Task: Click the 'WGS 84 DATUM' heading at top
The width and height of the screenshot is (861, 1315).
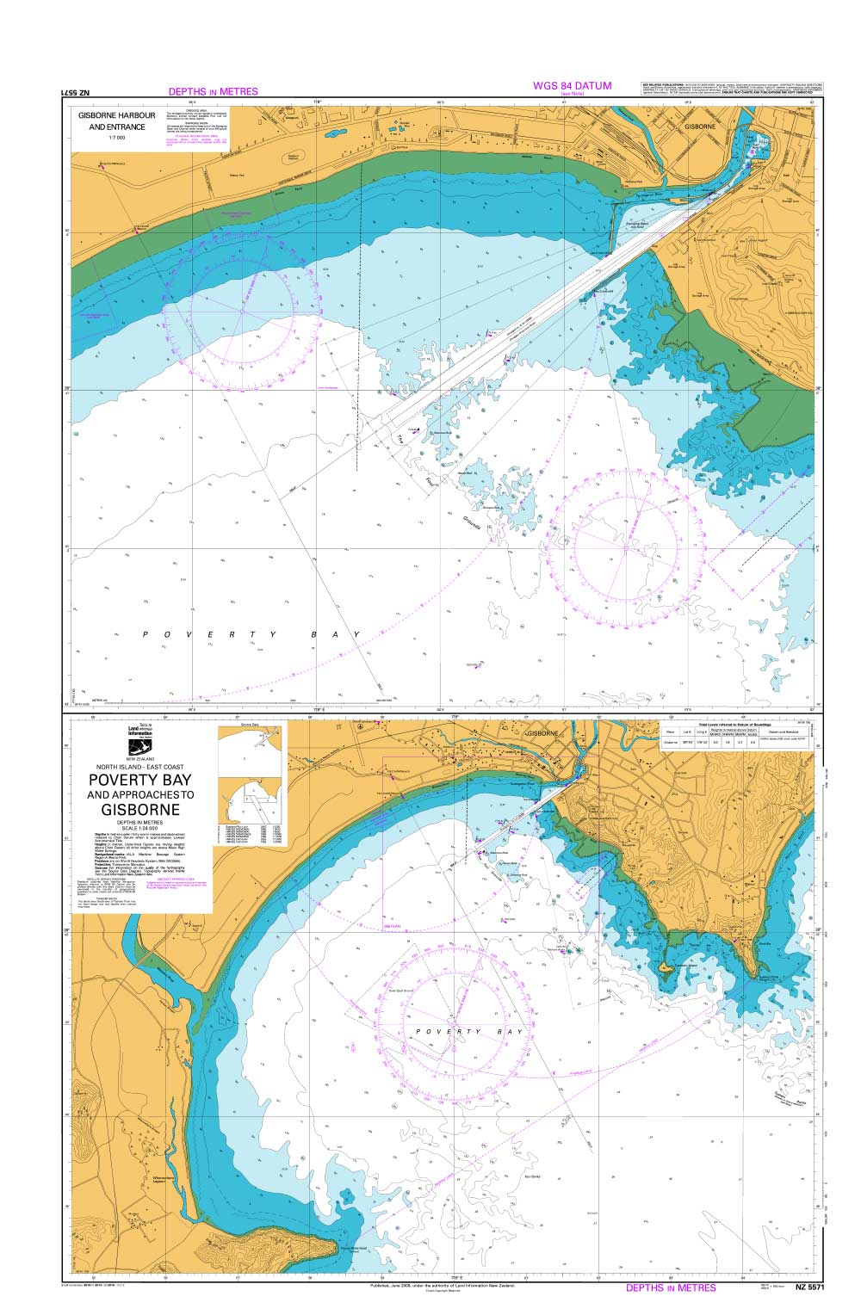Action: (x=572, y=85)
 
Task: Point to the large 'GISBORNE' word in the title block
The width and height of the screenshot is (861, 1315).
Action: (x=140, y=810)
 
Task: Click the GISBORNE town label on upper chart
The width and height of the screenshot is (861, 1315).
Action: (x=700, y=126)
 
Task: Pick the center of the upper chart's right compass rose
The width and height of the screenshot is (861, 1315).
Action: (x=627, y=546)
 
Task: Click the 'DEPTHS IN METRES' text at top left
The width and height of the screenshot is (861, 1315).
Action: (x=213, y=91)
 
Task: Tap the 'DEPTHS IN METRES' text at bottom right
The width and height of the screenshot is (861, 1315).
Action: (x=671, y=1287)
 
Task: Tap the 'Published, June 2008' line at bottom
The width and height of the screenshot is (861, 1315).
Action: (x=442, y=1285)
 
